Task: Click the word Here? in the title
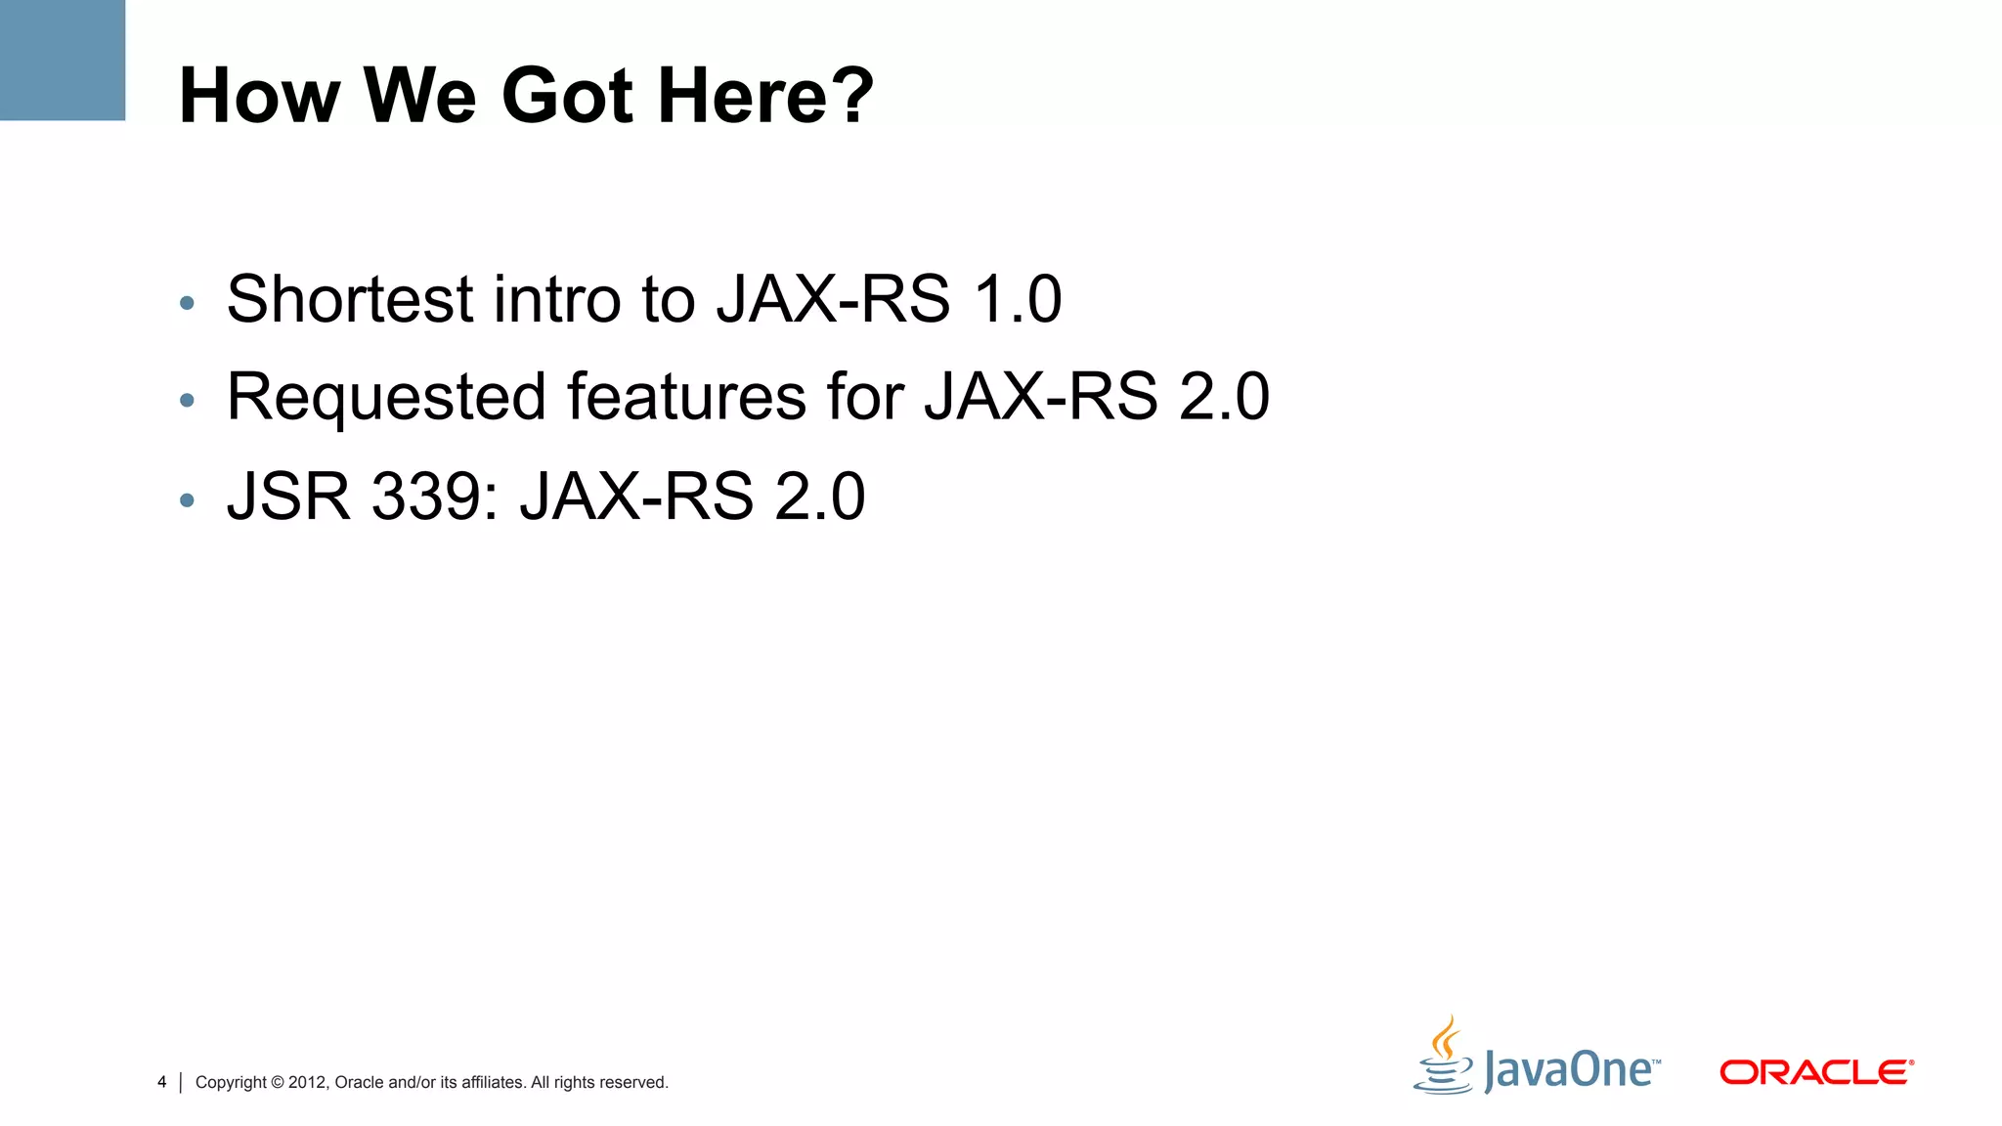click(x=765, y=96)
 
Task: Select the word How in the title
click(x=259, y=96)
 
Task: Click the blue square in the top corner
click(x=63, y=60)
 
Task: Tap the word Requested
click(x=386, y=397)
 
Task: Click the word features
click(x=686, y=397)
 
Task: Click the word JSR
click(x=288, y=497)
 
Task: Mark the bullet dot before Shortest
click(x=188, y=303)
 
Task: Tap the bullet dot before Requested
click(x=188, y=401)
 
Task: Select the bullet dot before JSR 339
click(x=188, y=501)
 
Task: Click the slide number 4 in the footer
click(x=161, y=1082)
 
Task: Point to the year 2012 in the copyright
click(x=307, y=1082)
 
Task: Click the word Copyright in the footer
click(x=231, y=1082)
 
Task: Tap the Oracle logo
click(x=1816, y=1072)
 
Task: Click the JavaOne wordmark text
click(x=1571, y=1070)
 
